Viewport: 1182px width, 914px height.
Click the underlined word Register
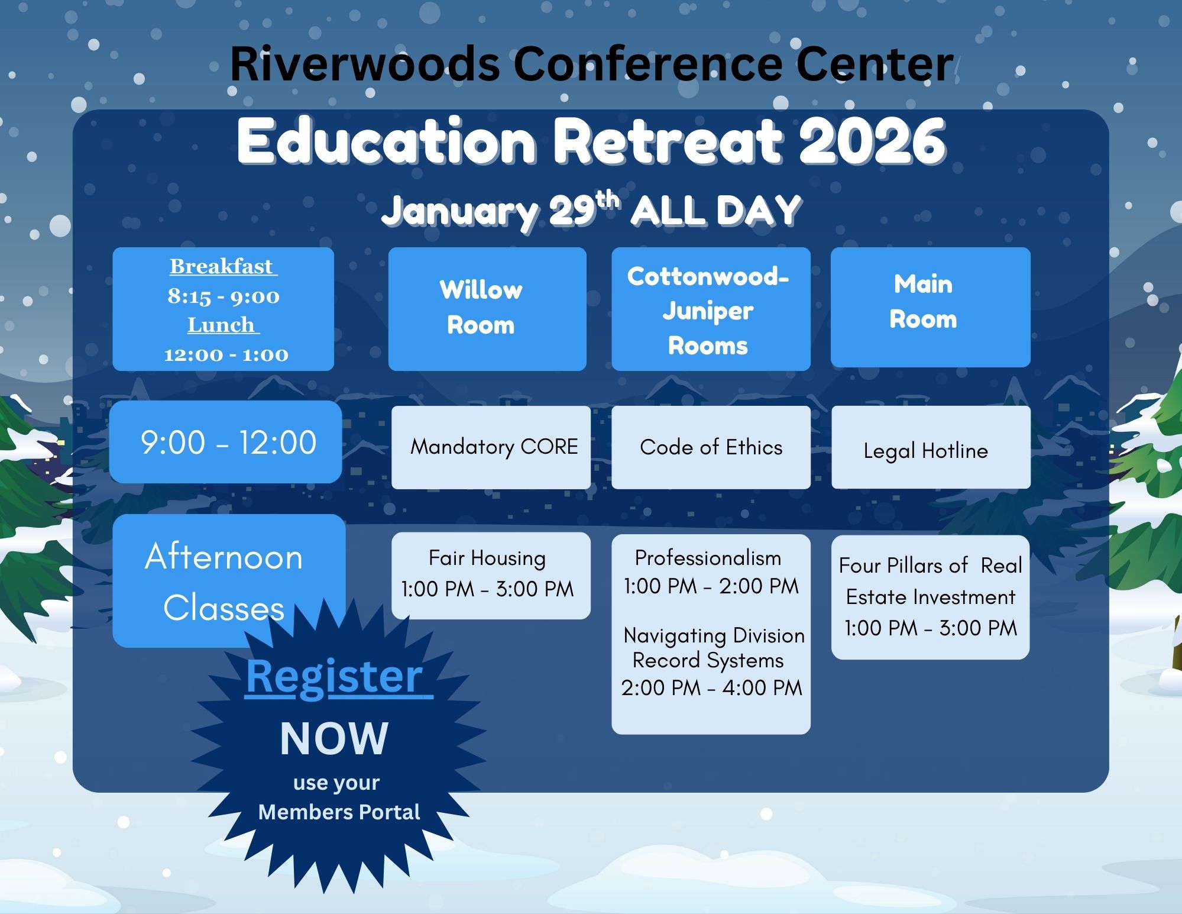click(x=335, y=676)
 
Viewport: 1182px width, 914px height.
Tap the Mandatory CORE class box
click(x=491, y=447)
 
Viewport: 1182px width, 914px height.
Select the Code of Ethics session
click(x=711, y=447)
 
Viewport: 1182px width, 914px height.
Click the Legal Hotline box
click(x=931, y=447)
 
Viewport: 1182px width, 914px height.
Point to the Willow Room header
click(x=487, y=309)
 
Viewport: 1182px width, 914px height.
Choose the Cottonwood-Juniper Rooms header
click(x=711, y=309)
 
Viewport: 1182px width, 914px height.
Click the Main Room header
click(x=931, y=307)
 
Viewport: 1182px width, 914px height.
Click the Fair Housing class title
click(x=487, y=558)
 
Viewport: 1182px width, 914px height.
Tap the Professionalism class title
click(x=708, y=558)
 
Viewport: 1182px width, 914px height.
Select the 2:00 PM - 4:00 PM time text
click(x=711, y=688)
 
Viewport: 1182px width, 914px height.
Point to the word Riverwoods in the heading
click(x=365, y=64)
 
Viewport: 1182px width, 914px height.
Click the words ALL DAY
click(x=716, y=211)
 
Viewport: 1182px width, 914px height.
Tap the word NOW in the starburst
click(x=334, y=739)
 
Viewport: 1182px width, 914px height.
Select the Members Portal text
click(x=339, y=812)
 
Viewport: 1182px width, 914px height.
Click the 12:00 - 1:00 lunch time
click(x=226, y=354)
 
